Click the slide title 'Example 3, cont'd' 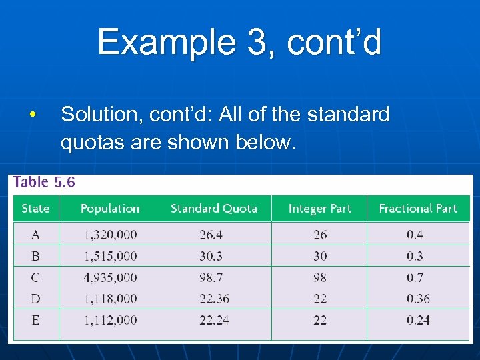coord(239,43)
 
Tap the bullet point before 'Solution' coord(32,115)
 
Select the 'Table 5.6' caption coord(45,183)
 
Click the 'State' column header coord(35,209)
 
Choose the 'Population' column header coord(110,209)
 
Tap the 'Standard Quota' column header coord(214,209)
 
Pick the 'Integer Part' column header coord(319,209)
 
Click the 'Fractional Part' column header coord(418,209)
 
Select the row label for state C coord(35,277)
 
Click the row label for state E coord(35,320)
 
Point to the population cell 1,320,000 coord(110,235)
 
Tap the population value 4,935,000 coord(110,277)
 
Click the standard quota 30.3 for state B coord(211,256)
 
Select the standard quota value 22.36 coord(214,299)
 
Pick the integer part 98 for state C coord(320,277)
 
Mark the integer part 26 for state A coord(320,235)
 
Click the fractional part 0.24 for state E coord(418,320)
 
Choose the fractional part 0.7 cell coord(415,277)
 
